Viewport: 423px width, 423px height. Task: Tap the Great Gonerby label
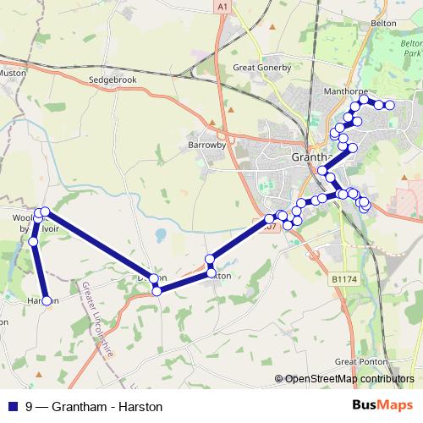(x=261, y=68)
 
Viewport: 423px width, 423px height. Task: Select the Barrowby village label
(x=204, y=145)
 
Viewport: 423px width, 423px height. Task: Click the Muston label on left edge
(x=13, y=74)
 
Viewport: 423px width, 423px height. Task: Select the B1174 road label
(x=344, y=278)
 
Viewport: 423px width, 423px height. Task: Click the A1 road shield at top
(x=222, y=7)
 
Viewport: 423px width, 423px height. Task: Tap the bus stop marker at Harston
(x=47, y=300)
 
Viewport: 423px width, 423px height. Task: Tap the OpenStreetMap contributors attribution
(x=349, y=379)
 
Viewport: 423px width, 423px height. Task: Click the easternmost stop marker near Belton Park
(x=390, y=106)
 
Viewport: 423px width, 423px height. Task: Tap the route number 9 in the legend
(x=30, y=406)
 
